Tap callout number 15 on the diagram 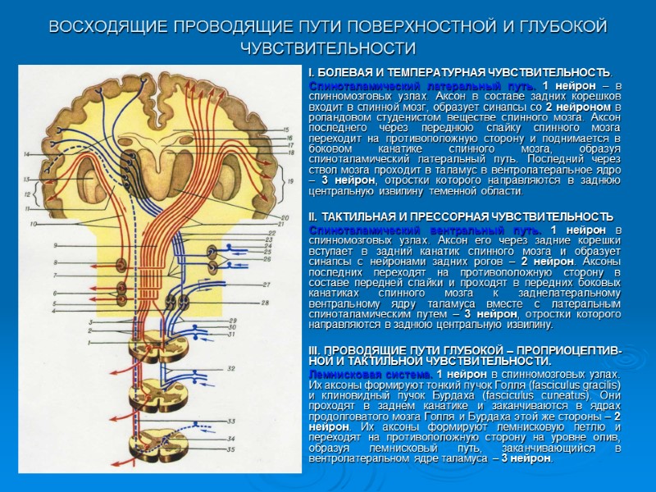pyautogui.click(x=285, y=130)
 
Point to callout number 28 pyautogui.click(x=266, y=303)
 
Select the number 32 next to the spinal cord pyautogui.click(x=231, y=368)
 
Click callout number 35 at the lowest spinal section pyautogui.click(x=231, y=449)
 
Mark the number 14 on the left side pyautogui.click(x=27, y=154)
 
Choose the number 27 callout pyautogui.click(x=266, y=284)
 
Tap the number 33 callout pyautogui.click(x=231, y=421)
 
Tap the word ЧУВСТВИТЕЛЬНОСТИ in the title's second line pyautogui.click(x=328, y=48)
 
